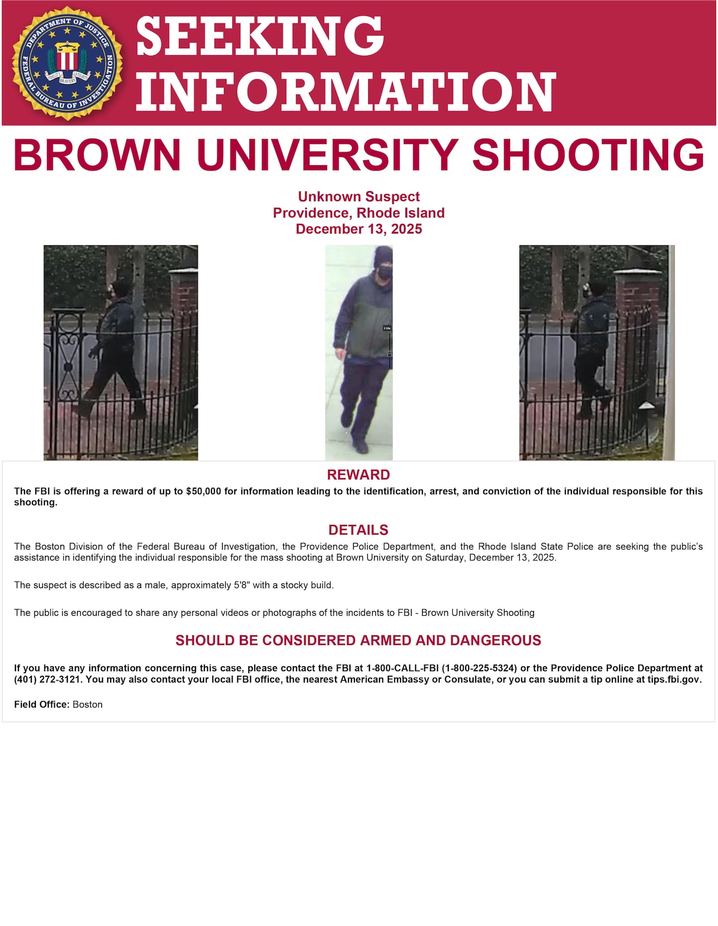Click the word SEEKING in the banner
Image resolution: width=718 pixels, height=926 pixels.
click(x=260, y=36)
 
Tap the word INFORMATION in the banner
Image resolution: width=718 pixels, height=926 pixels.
click(x=346, y=92)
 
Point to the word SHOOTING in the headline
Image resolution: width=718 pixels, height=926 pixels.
click(x=588, y=155)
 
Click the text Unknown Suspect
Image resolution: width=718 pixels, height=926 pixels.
click(x=359, y=196)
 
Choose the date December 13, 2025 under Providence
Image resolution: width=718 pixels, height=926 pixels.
click(x=359, y=229)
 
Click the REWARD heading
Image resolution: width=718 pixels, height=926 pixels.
click(x=358, y=474)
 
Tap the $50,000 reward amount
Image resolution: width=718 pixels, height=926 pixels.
click(x=203, y=491)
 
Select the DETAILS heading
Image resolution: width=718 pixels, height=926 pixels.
click(x=358, y=530)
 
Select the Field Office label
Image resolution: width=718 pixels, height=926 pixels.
click(x=42, y=705)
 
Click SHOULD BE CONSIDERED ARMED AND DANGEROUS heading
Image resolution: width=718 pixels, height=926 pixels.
click(x=358, y=640)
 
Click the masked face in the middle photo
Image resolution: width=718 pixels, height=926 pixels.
click(x=383, y=272)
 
